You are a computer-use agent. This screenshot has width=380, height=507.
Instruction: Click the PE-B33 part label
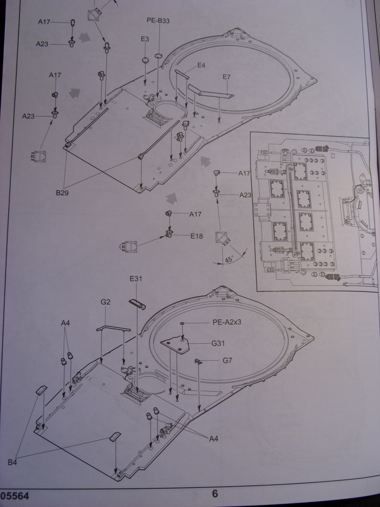158,21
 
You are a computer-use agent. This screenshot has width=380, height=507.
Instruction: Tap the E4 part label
201,65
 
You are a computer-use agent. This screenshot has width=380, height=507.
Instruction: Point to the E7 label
227,77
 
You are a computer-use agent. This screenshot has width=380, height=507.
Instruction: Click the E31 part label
136,279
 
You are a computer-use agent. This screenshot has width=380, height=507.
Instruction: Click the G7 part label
227,360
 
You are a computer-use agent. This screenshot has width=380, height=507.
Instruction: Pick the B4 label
13,462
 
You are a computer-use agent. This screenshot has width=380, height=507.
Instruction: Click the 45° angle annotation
229,259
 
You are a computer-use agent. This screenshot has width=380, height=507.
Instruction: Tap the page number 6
214,493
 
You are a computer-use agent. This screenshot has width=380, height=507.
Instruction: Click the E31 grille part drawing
137,303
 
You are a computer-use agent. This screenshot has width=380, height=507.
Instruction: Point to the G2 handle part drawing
113,328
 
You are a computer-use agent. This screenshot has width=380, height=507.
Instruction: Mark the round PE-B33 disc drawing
158,55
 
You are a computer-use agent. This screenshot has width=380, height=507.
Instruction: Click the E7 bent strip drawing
209,92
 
